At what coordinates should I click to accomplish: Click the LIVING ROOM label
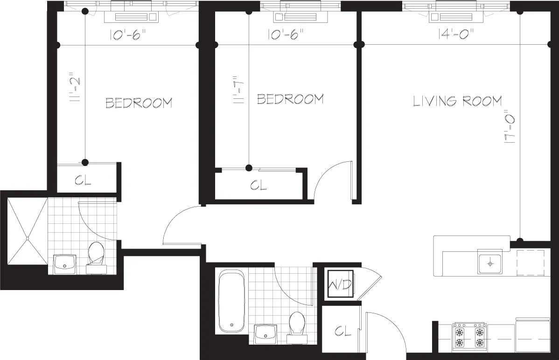(457, 101)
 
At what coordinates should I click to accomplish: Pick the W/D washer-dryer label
(340, 284)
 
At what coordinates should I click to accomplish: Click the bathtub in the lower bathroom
(231, 300)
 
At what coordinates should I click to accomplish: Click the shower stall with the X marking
(28, 238)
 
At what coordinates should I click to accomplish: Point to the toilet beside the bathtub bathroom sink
(296, 325)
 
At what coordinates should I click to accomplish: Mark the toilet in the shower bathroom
(97, 256)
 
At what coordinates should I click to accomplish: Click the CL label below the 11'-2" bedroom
(83, 180)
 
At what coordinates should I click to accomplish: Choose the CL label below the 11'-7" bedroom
(258, 186)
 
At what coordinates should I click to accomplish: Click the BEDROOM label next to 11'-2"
(139, 103)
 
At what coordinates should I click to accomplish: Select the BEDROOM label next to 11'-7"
(290, 99)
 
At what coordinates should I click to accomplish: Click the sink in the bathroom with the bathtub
(267, 334)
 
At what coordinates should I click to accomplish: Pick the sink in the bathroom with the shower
(65, 264)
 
